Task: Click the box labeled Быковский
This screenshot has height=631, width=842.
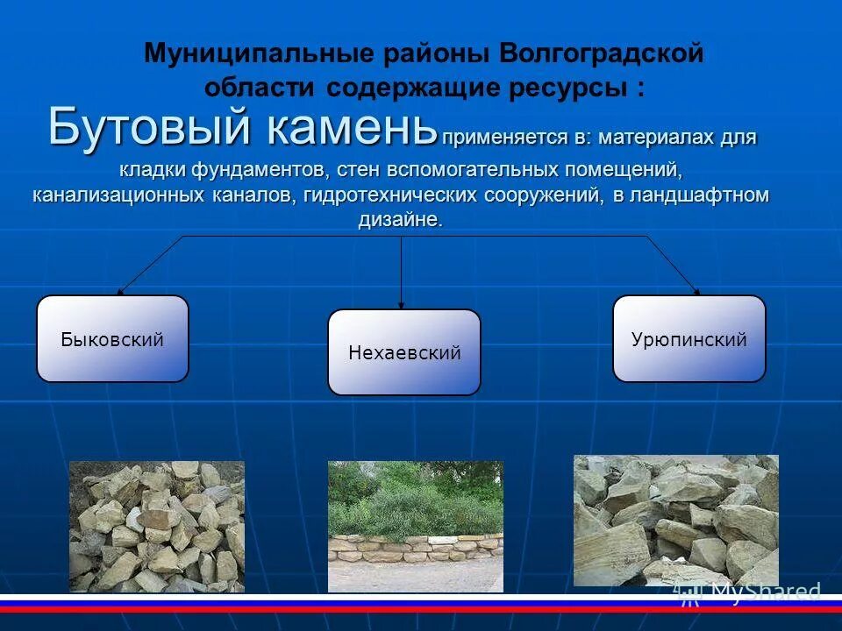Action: click(112, 339)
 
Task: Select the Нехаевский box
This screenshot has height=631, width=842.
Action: click(404, 352)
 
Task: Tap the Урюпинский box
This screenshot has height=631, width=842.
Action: click(689, 339)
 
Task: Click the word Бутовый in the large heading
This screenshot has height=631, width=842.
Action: click(149, 126)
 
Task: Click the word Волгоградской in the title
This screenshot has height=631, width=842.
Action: click(602, 53)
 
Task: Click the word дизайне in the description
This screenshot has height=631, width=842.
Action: click(399, 220)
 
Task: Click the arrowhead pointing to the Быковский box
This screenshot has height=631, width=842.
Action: click(121, 291)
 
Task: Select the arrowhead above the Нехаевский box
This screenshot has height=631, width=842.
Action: click(402, 304)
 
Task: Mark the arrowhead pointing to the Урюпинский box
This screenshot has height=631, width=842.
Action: click(696, 291)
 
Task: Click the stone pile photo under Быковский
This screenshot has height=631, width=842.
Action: click(156, 526)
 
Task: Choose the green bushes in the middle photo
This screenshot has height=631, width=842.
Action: click(412, 500)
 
